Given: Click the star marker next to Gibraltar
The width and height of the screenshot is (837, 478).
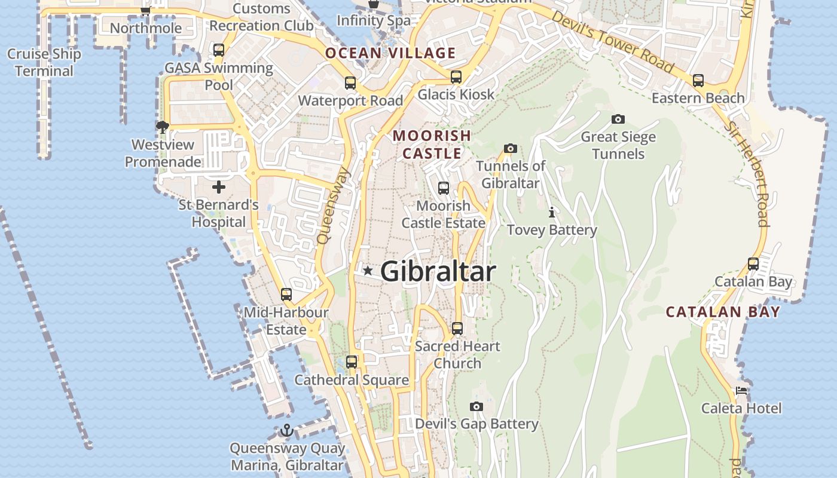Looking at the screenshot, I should click(368, 271).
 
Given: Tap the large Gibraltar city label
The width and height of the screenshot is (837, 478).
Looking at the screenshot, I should click(438, 272).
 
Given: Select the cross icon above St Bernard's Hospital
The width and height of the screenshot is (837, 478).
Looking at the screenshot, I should click(219, 187).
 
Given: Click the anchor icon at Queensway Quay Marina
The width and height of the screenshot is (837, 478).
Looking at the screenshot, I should click(287, 430).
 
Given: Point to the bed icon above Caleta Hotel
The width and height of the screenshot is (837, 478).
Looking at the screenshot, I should click(741, 391).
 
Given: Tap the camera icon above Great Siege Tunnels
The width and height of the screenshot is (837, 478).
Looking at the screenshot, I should click(618, 119).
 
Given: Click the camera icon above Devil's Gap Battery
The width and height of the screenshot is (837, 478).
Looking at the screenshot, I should click(476, 406).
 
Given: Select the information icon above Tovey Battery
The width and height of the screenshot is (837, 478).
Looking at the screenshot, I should click(552, 212).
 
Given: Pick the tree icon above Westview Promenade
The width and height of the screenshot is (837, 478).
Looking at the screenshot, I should click(162, 127).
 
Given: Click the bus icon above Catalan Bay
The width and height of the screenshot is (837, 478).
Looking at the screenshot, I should click(753, 263).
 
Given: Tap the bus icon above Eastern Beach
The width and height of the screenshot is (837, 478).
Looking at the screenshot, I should click(698, 81).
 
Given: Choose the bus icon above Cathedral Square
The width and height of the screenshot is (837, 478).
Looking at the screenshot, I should click(352, 362).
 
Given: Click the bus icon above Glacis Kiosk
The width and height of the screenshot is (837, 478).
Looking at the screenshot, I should click(456, 76).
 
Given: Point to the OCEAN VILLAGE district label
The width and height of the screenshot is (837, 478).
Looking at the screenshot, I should click(390, 53).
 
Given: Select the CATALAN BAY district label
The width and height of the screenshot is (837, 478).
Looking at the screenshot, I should click(723, 312).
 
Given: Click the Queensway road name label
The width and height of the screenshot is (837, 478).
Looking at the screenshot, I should click(333, 205).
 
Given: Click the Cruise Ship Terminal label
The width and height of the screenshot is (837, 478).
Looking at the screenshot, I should click(44, 62).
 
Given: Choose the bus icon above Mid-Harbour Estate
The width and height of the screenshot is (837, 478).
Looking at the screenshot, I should click(286, 294).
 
